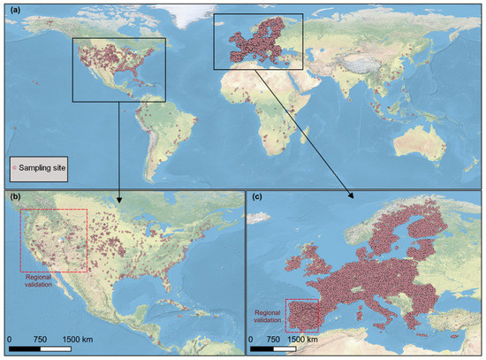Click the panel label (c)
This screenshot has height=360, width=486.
tap(255, 198)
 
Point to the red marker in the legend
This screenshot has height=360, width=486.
tap(14, 166)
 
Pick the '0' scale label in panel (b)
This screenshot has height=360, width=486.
tap(10, 338)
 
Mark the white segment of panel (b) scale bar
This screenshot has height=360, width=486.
tap(56, 348)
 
